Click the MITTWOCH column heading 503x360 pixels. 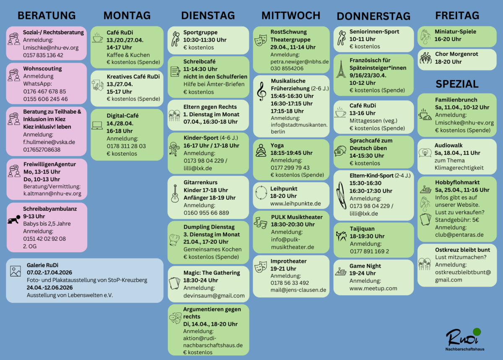click(x=290, y=16)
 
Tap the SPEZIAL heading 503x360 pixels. click(x=457, y=84)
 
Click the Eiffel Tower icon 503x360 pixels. click(x=341, y=70)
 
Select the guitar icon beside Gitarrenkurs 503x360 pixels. click(x=175, y=194)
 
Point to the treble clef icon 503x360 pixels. click(x=261, y=91)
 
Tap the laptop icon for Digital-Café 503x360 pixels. click(x=97, y=125)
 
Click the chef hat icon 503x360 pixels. click(x=174, y=239)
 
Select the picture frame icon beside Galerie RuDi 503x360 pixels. click(x=16, y=271)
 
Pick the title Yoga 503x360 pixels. click(x=277, y=145)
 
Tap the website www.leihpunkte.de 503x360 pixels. click(x=295, y=203)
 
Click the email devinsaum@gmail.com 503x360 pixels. click(x=214, y=295)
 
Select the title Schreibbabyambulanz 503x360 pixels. click(x=49, y=208)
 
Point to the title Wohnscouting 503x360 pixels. click(x=42, y=68)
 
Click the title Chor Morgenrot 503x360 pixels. click(x=456, y=54)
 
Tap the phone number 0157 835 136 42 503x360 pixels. click(x=43, y=55)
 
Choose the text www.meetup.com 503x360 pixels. click(x=373, y=288)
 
